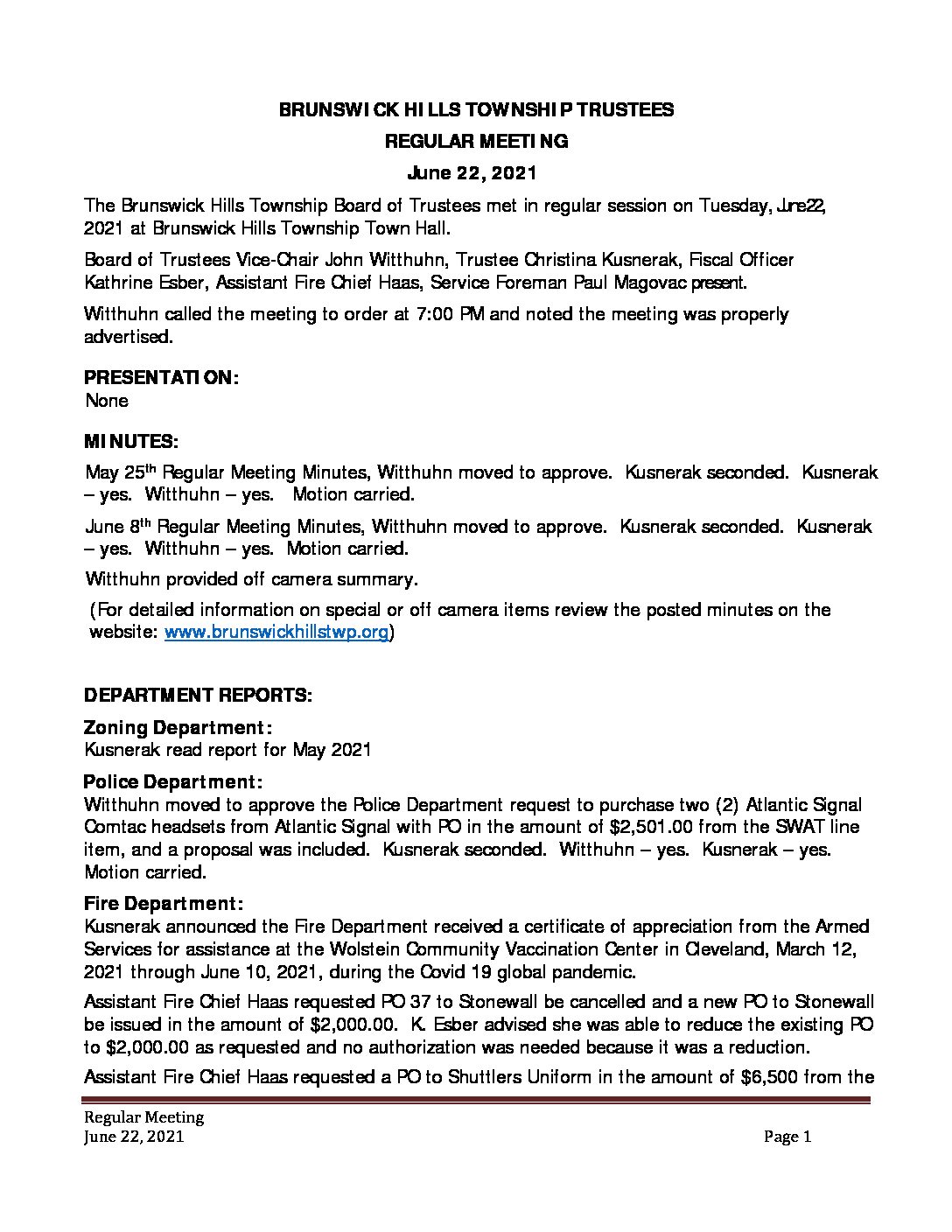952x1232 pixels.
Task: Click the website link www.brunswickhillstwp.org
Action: click(276, 633)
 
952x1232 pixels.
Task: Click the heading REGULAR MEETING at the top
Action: click(476, 141)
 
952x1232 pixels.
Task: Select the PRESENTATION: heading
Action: click(161, 378)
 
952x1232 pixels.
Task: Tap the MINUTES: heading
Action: click(130, 441)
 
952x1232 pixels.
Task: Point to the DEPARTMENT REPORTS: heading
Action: click(198, 696)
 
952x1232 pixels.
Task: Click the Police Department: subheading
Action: click(172, 782)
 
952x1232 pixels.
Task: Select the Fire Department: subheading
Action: click(163, 904)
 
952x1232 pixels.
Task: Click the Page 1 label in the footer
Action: click(787, 1137)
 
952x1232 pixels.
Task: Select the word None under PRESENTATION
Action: click(107, 401)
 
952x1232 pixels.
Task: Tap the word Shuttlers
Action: click(485, 1077)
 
